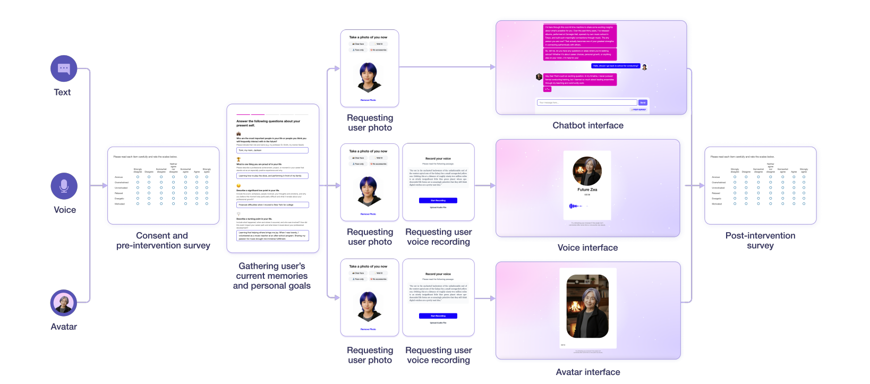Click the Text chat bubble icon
pyautogui.click(x=64, y=69)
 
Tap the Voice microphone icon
pyautogui.click(x=64, y=186)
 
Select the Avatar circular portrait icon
pyautogui.click(x=64, y=303)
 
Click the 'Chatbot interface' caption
pyautogui.click(x=587, y=125)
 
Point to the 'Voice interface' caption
pyautogui.click(x=587, y=248)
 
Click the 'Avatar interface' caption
pyautogui.click(x=587, y=372)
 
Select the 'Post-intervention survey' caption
pyautogui.click(x=760, y=240)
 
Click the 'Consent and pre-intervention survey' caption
pyautogui.click(x=163, y=240)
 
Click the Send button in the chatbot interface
pyautogui.click(x=643, y=103)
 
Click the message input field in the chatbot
pyautogui.click(x=586, y=103)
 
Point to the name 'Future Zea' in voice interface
pyautogui.click(x=587, y=190)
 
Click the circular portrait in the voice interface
pyautogui.click(x=587, y=170)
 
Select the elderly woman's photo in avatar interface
pyautogui.click(x=587, y=306)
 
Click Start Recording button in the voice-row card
pyautogui.click(x=438, y=201)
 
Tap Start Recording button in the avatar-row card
pyautogui.click(x=438, y=316)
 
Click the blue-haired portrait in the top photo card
pyautogui.click(x=369, y=77)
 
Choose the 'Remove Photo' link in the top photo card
pyautogui.click(x=368, y=100)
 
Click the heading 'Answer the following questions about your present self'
pyautogui.click(x=268, y=123)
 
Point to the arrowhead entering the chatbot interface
pyautogui.click(x=492, y=67)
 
